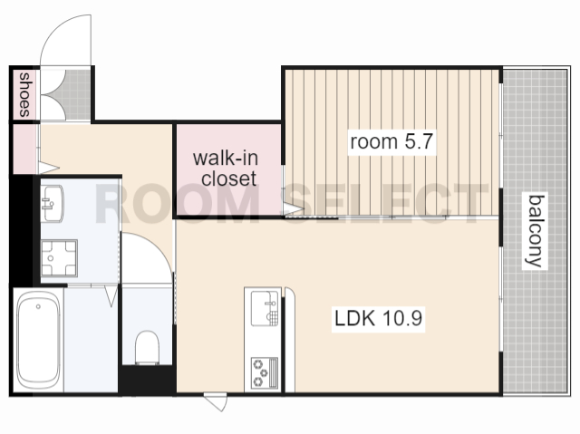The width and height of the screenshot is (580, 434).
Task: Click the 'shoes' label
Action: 24,94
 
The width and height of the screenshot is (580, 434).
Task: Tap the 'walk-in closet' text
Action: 226,169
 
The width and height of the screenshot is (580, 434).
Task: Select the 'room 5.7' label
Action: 391,141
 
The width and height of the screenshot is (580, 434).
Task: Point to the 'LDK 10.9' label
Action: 378,319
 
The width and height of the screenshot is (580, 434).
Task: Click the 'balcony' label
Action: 536,231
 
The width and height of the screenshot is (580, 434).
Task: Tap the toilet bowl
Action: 147,347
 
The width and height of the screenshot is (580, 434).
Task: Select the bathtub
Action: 38,340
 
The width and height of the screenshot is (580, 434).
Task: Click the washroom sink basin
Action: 53,204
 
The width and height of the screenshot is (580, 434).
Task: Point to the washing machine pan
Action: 59,258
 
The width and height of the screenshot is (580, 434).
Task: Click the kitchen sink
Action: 265,308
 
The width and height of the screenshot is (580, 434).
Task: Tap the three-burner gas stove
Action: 265,372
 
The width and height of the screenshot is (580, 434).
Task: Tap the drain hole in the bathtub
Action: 38,306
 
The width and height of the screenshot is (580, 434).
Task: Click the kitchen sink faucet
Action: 271,304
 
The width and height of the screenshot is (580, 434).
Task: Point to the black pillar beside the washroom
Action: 23,231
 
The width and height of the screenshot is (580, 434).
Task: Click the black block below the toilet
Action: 147,381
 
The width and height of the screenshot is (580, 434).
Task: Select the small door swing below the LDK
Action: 216,401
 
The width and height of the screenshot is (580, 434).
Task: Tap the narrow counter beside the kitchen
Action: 289,340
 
